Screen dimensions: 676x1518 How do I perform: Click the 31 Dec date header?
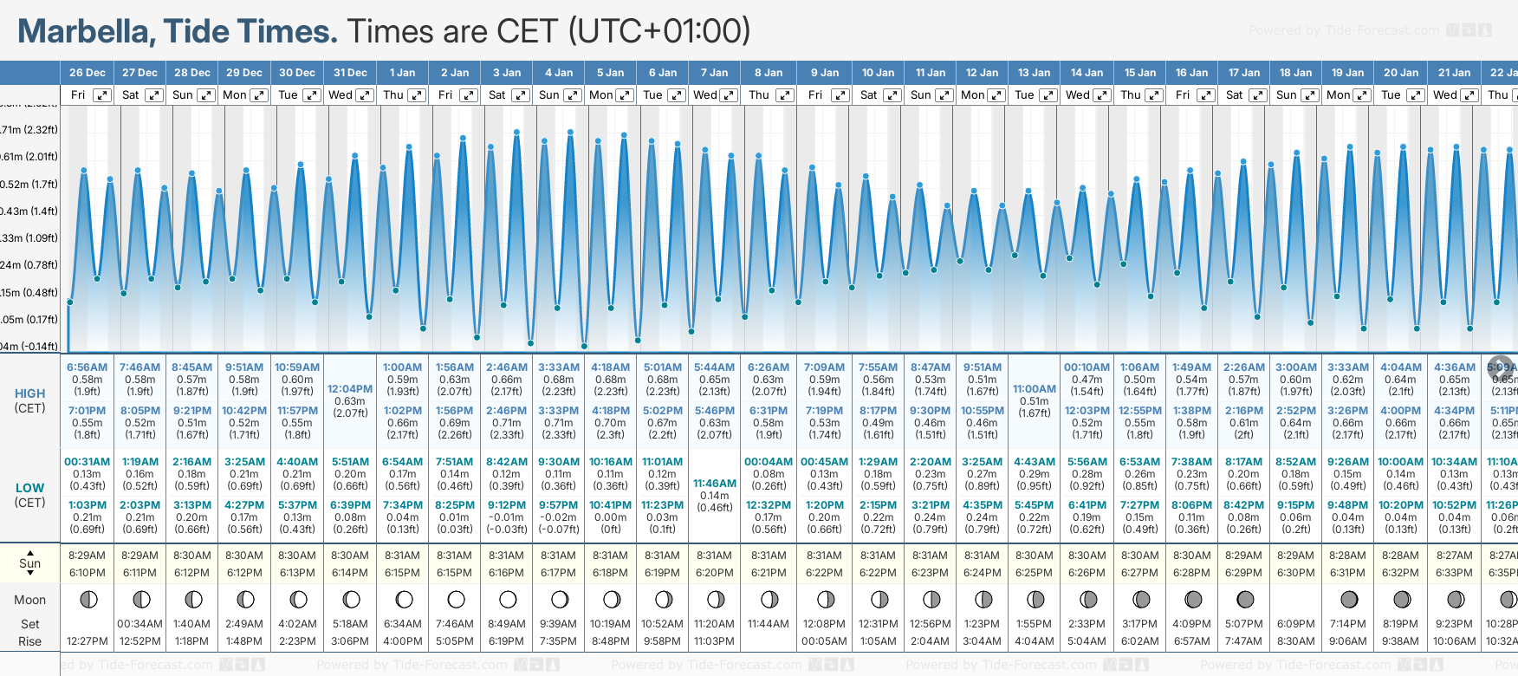[x=350, y=73]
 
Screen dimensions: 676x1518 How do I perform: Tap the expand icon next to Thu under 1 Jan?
[x=417, y=95]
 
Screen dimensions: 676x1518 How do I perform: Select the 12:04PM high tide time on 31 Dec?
[x=349, y=389]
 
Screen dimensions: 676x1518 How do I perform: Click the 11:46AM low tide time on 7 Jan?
[x=715, y=484]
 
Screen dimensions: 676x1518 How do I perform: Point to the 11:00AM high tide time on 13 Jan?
[x=1035, y=389]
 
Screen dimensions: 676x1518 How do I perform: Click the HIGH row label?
[x=29, y=393]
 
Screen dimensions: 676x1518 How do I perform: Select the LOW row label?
[x=29, y=488]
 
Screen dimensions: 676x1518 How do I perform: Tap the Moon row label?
[x=29, y=600]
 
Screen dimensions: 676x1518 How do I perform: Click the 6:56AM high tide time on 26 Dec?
[x=87, y=367]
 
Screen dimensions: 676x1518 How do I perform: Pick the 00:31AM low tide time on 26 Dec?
[x=87, y=462]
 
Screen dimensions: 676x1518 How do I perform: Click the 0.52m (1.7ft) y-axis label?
[x=29, y=185]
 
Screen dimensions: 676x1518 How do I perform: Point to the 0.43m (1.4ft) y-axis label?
[x=29, y=211]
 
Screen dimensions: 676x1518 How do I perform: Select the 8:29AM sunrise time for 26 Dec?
[x=87, y=556]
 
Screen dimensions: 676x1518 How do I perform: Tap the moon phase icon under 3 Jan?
[x=508, y=600]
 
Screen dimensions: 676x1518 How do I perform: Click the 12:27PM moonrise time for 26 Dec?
[x=87, y=641]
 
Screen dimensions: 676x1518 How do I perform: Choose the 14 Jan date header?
[x=1087, y=73]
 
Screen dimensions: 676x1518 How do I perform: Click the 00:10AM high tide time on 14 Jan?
[x=1087, y=367]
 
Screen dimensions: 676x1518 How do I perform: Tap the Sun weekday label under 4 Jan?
[x=548, y=95]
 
